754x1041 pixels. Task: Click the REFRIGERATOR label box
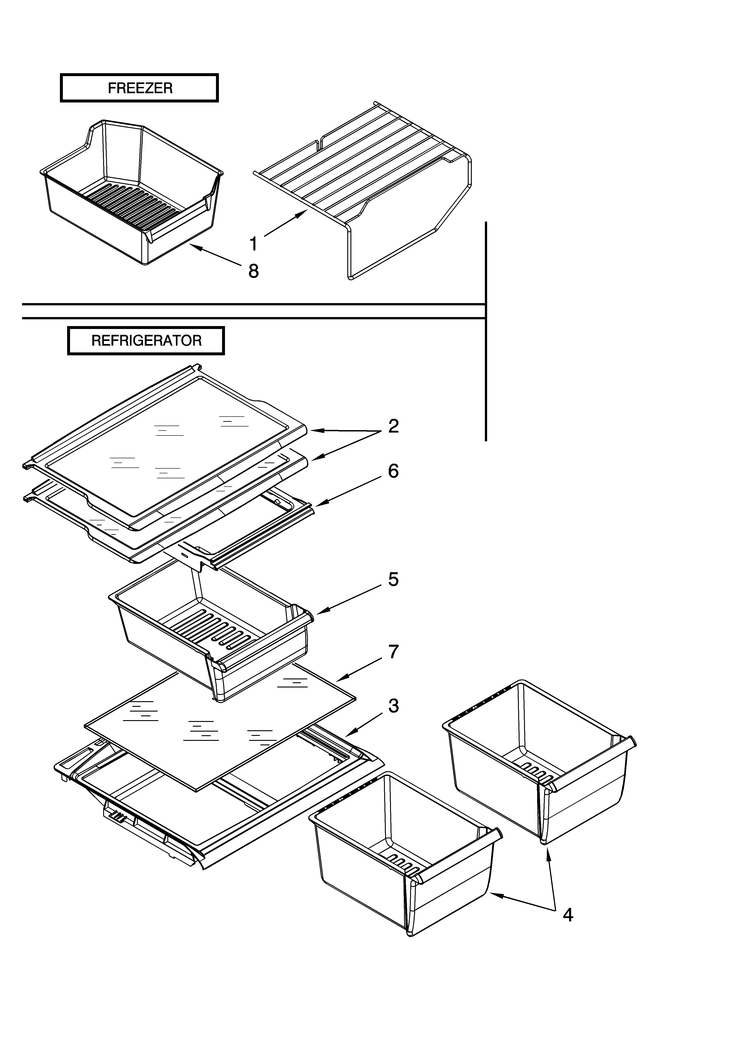coord(146,340)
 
